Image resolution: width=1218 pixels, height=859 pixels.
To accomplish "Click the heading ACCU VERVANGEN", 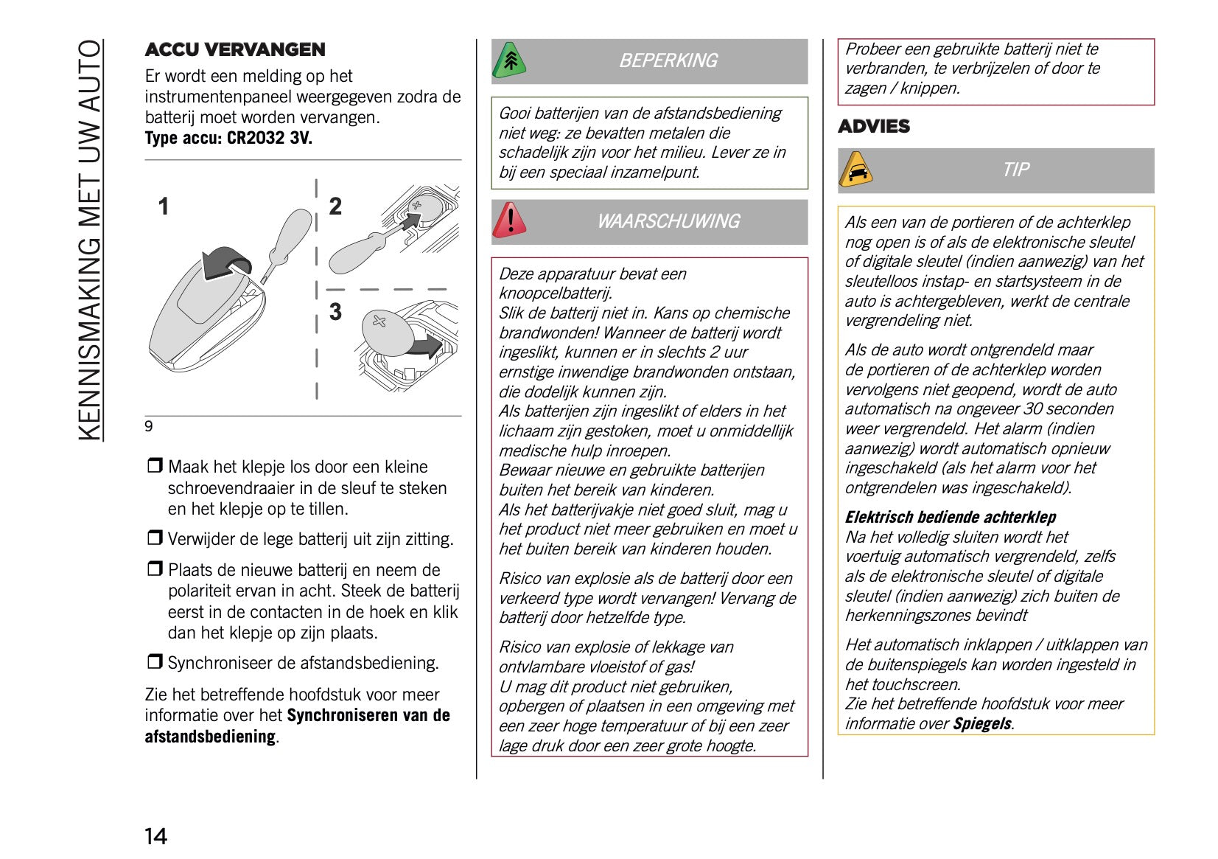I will [x=234, y=49].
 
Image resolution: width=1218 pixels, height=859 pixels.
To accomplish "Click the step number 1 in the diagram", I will [x=164, y=206].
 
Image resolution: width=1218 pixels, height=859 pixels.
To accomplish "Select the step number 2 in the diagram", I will [x=335, y=206].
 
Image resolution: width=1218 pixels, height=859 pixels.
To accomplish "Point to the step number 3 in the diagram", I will [x=335, y=312].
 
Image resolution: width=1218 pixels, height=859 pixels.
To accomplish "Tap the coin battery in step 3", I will [x=386, y=331].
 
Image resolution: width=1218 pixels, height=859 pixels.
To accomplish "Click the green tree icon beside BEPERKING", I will [x=509, y=60].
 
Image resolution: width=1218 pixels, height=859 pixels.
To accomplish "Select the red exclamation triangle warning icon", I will [x=509, y=220].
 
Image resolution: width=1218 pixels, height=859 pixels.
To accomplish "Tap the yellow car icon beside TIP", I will [x=855, y=170].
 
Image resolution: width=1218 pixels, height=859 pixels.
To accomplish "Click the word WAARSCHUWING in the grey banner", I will [x=668, y=221].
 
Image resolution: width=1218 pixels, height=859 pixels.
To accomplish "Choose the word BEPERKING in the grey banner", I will [x=668, y=60].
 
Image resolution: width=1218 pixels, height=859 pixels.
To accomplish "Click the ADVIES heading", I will [x=874, y=126].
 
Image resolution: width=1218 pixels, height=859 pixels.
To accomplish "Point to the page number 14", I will [x=155, y=836].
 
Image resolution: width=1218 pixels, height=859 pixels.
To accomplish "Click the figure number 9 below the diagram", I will [x=149, y=426].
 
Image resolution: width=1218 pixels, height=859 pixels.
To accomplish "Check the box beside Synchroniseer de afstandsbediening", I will [x=154, y=661].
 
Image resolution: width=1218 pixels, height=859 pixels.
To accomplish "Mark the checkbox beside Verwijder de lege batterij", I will [x=154, y=538].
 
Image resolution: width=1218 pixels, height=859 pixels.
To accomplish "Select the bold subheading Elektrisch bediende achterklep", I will [x=950, y=517].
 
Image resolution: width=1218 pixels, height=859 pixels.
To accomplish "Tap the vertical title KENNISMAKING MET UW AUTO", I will [x=90, y=240].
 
